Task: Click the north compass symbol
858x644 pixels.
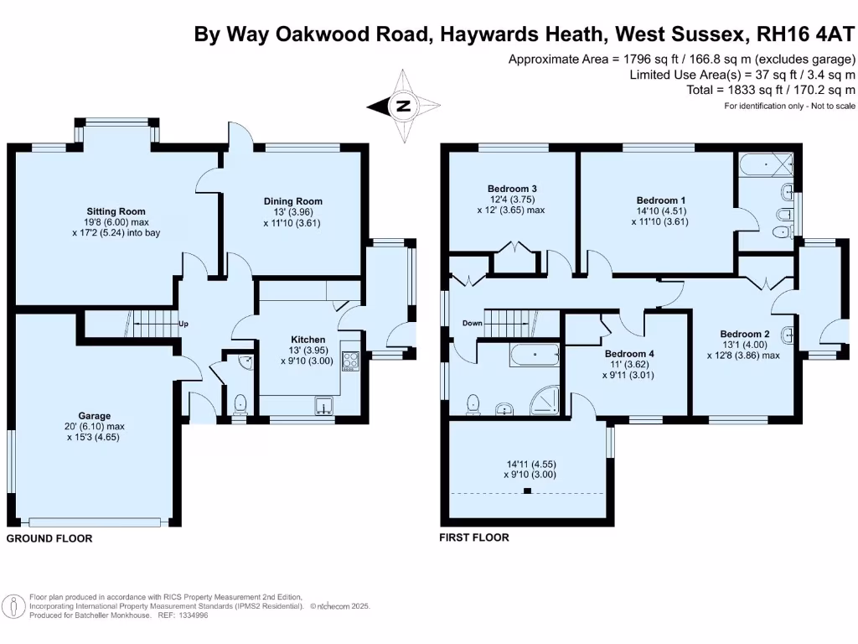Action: pos(404,106)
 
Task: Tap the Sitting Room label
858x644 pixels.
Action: pos(116,211)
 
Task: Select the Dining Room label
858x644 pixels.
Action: pos(292,201)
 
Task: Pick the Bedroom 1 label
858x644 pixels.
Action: pos(661,200)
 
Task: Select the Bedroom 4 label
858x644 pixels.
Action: pos(629,354)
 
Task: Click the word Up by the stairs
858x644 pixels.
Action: pos(182,323)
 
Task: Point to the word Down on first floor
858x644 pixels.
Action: pos(472,324)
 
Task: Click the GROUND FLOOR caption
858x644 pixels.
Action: pos(49,538)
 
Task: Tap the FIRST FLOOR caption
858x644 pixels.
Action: pos(473,538)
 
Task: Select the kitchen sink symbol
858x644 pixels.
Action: pos(324,408)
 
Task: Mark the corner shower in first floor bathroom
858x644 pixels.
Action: pos(546,402)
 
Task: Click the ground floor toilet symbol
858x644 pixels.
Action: pos(241,403)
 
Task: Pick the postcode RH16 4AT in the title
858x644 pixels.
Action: pos(804,34)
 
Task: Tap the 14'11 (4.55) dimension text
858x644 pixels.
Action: pos(529,463)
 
